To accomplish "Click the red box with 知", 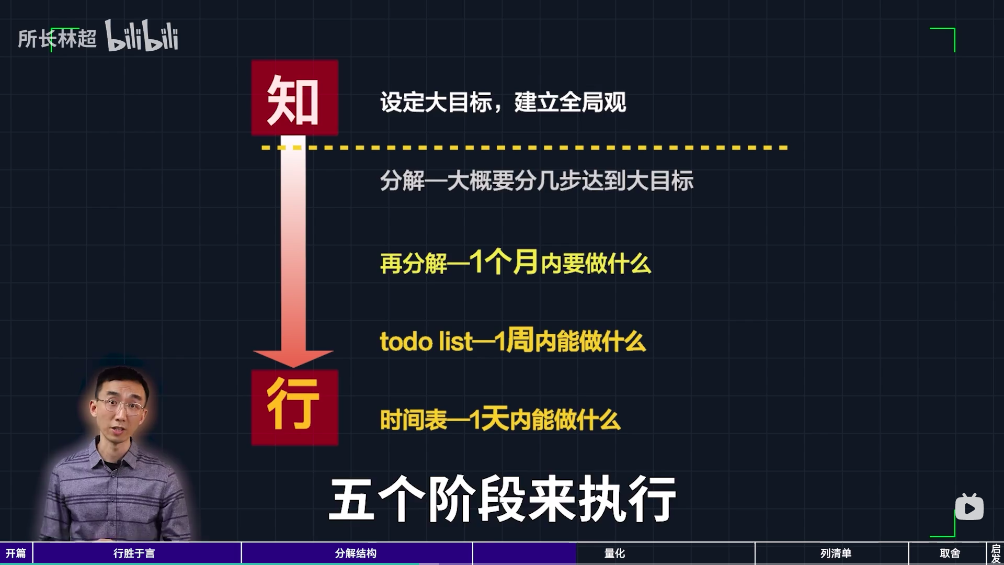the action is [x=294, y=98].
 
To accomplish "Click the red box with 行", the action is [x=294, y=408].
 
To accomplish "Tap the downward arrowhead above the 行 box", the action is [x=293, y=359].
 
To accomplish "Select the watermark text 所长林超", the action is [x=57, y=39].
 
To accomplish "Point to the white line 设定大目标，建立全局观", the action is [x=503, y=102].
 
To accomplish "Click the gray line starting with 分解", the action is [x=537, y=181].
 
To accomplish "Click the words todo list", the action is [x=426, y=342].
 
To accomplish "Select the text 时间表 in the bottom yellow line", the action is [x=414, y=420].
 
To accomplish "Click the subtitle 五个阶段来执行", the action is [x=503, y=499].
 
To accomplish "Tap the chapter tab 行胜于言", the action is [x=134, y=553].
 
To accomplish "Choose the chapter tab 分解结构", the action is [x=356, y=553].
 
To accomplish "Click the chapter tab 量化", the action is [x=614, y=553].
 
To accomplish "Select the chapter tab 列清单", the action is [x=836, y=553].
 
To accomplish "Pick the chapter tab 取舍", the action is [x=950, y=553].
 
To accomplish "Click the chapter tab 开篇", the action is [x=16, y=553].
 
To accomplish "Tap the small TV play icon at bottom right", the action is [x=969, y=507].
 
